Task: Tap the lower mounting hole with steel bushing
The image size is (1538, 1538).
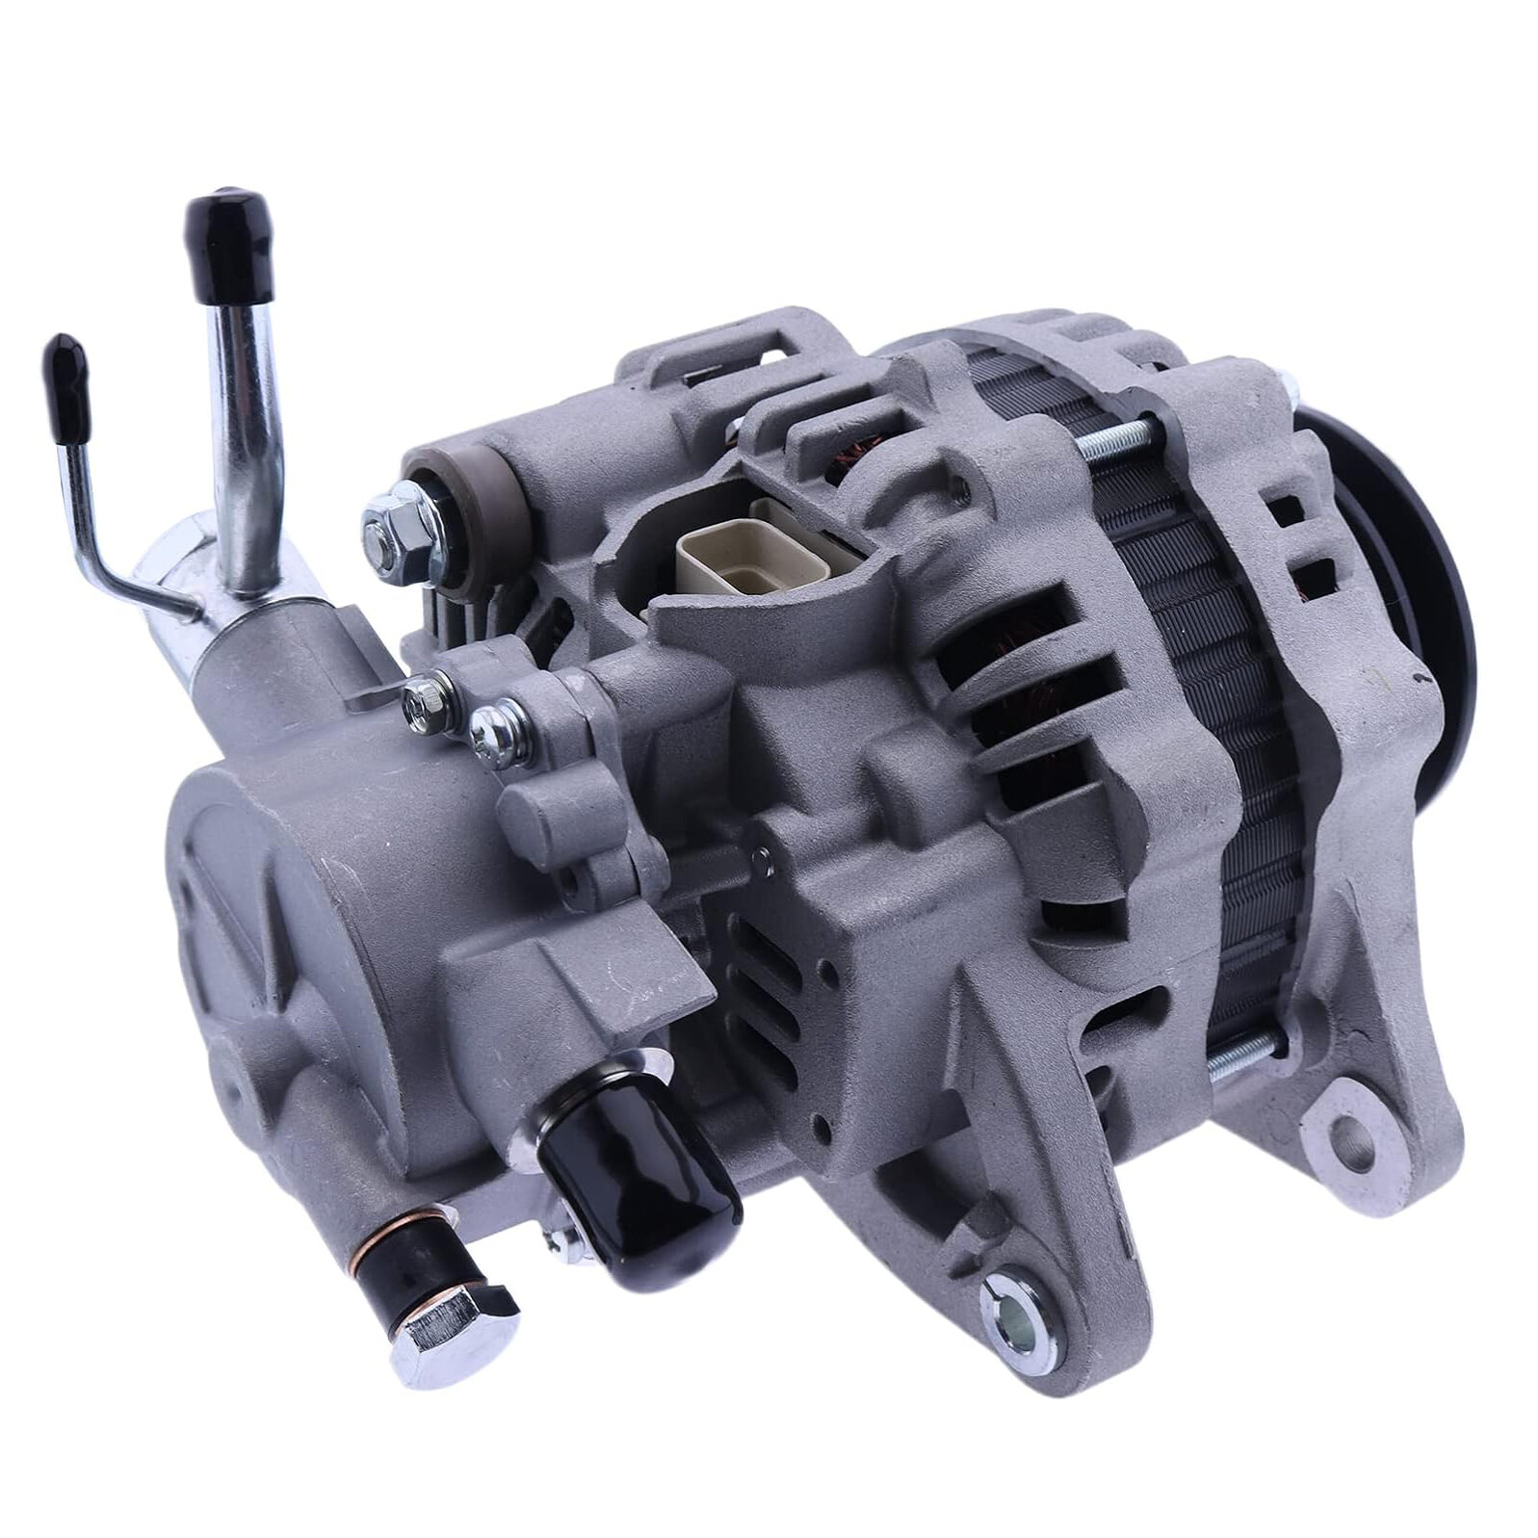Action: click(1017, 1303)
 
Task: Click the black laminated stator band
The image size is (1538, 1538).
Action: click(1213, 674)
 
